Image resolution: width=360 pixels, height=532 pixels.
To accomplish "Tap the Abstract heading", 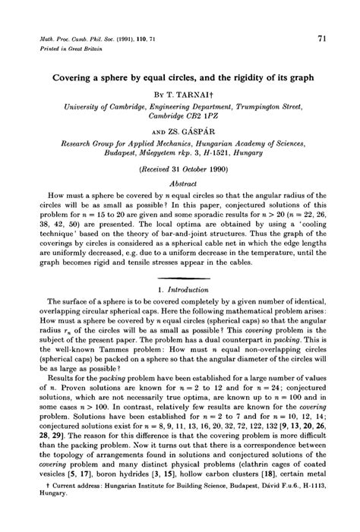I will pos(180,184).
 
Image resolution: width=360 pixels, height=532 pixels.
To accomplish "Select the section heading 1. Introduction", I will pos(180,291).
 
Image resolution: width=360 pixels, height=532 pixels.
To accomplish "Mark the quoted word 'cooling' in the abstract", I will pos(303,226).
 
